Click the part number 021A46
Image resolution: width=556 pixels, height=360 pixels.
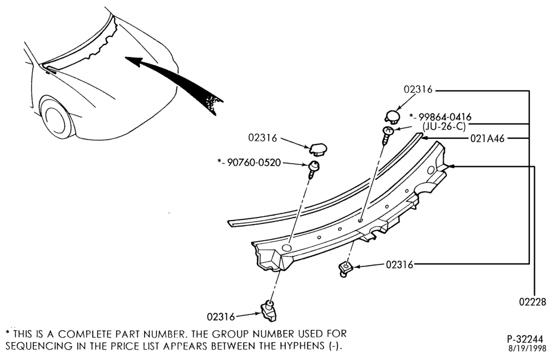pos(487,138)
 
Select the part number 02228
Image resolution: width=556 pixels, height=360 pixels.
pos(533,302)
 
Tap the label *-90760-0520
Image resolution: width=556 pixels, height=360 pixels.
pos(249,163)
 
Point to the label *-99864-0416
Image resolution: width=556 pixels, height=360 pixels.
pos(440,117)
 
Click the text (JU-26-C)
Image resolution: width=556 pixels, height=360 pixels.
pos(444,127)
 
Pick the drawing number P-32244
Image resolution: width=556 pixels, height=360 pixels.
pos(524,339)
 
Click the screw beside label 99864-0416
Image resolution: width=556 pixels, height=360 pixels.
pos(387,134)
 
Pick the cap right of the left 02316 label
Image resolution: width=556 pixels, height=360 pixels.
pos(319,149)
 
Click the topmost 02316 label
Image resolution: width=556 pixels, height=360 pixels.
pos(419,89)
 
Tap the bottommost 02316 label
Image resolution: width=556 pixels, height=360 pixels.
pos(221,317)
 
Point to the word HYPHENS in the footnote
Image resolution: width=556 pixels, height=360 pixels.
pos(301,346)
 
